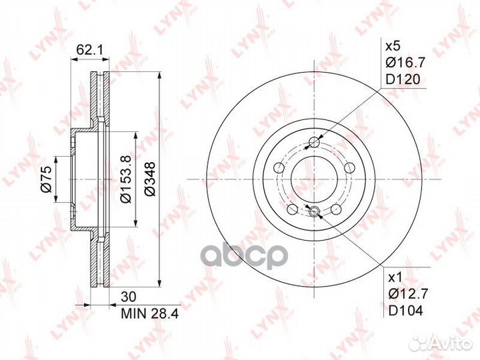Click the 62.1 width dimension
(x=90, y=50)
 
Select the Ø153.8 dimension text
(x=126, y=179)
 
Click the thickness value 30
(x=129, y=297)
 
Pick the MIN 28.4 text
(x=150, y=313)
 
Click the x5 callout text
(x=393, y=47)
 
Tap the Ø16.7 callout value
(x=405, y=63)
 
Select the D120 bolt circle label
(x=403, y=79)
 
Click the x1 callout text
(x=395, y=278)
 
